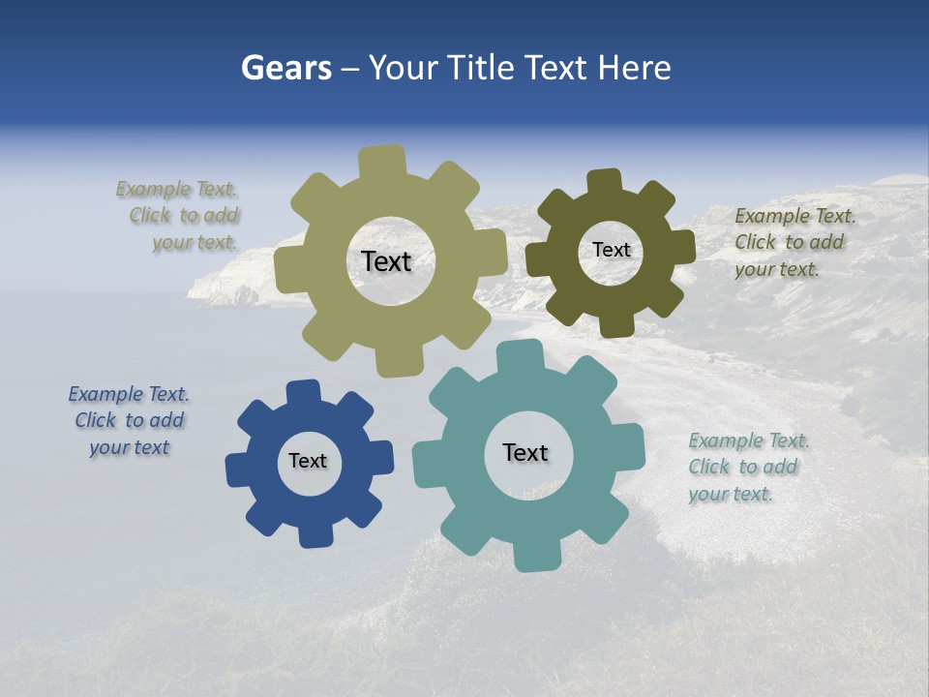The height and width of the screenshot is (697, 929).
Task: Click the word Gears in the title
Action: tap(285, 68)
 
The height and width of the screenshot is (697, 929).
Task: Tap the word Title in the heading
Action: tap(483, 68)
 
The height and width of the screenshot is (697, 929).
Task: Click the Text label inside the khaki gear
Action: tap(386, 261)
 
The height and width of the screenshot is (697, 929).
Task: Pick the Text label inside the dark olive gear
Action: tap(611, 250)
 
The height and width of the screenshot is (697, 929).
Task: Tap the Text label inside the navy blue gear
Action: tap(308, 461)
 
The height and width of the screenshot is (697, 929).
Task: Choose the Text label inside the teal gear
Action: tap(525, 452)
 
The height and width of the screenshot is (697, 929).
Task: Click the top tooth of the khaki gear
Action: tap(381, 160)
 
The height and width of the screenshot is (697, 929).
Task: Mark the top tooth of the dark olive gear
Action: tap(605, 181)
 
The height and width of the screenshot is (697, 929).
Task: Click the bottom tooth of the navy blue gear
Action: tap(315, 534)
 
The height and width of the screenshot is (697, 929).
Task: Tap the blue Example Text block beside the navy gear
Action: tap(129, 420)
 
